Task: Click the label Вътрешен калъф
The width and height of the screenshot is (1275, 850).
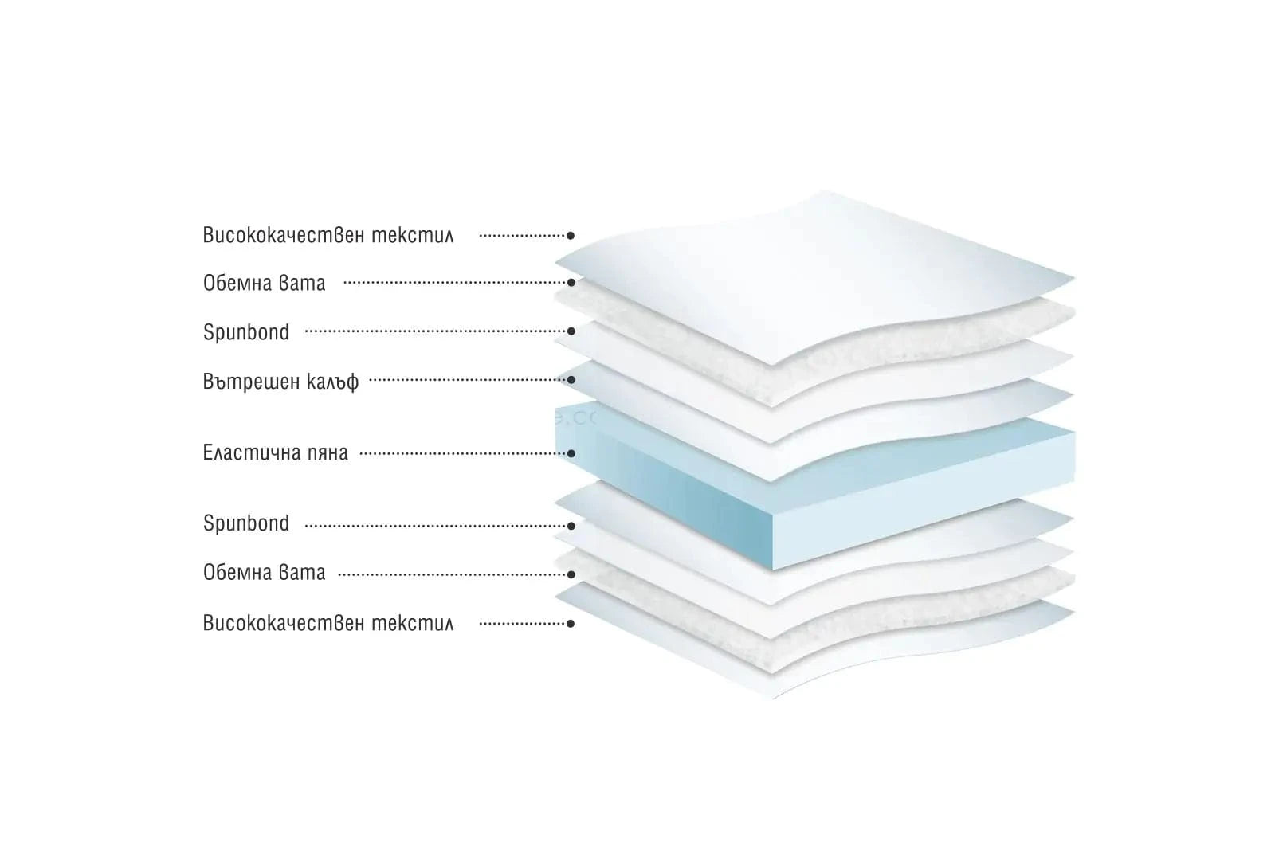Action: (x=280, y=382)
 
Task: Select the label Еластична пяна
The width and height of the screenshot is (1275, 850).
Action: (x=275, y=453)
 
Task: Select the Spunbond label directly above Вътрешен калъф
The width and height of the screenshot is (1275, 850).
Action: (x=246, y=332)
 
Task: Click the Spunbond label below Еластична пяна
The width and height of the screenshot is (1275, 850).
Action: (x=246, y=523)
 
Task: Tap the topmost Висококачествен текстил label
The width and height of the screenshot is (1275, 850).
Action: (x=328, y=236)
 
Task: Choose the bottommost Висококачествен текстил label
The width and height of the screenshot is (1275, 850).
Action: (x=328, y=623)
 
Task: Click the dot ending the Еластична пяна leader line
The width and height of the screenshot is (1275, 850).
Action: (x=571, y=454)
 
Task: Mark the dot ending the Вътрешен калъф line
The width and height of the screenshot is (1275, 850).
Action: (x=571, y=381)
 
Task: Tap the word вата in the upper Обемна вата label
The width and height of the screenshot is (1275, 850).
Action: (x=303, y=283)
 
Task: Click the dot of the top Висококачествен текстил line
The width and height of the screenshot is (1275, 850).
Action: (x=571, y=236)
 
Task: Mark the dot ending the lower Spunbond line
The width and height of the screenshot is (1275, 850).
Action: (x=571, y=526)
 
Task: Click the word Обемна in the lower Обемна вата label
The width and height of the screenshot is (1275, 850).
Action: (x=237, y=573)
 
